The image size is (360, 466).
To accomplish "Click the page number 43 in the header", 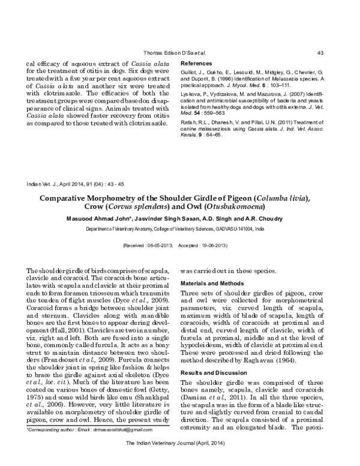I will point(320,53).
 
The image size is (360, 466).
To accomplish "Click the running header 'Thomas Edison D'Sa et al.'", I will point(175,53).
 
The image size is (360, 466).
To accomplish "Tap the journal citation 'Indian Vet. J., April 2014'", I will point(56,183).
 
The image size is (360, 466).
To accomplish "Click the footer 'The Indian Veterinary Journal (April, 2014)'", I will point(179,459).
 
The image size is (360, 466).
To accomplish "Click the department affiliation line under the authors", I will point(179,229).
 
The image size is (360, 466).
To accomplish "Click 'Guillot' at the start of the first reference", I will point(190,72).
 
